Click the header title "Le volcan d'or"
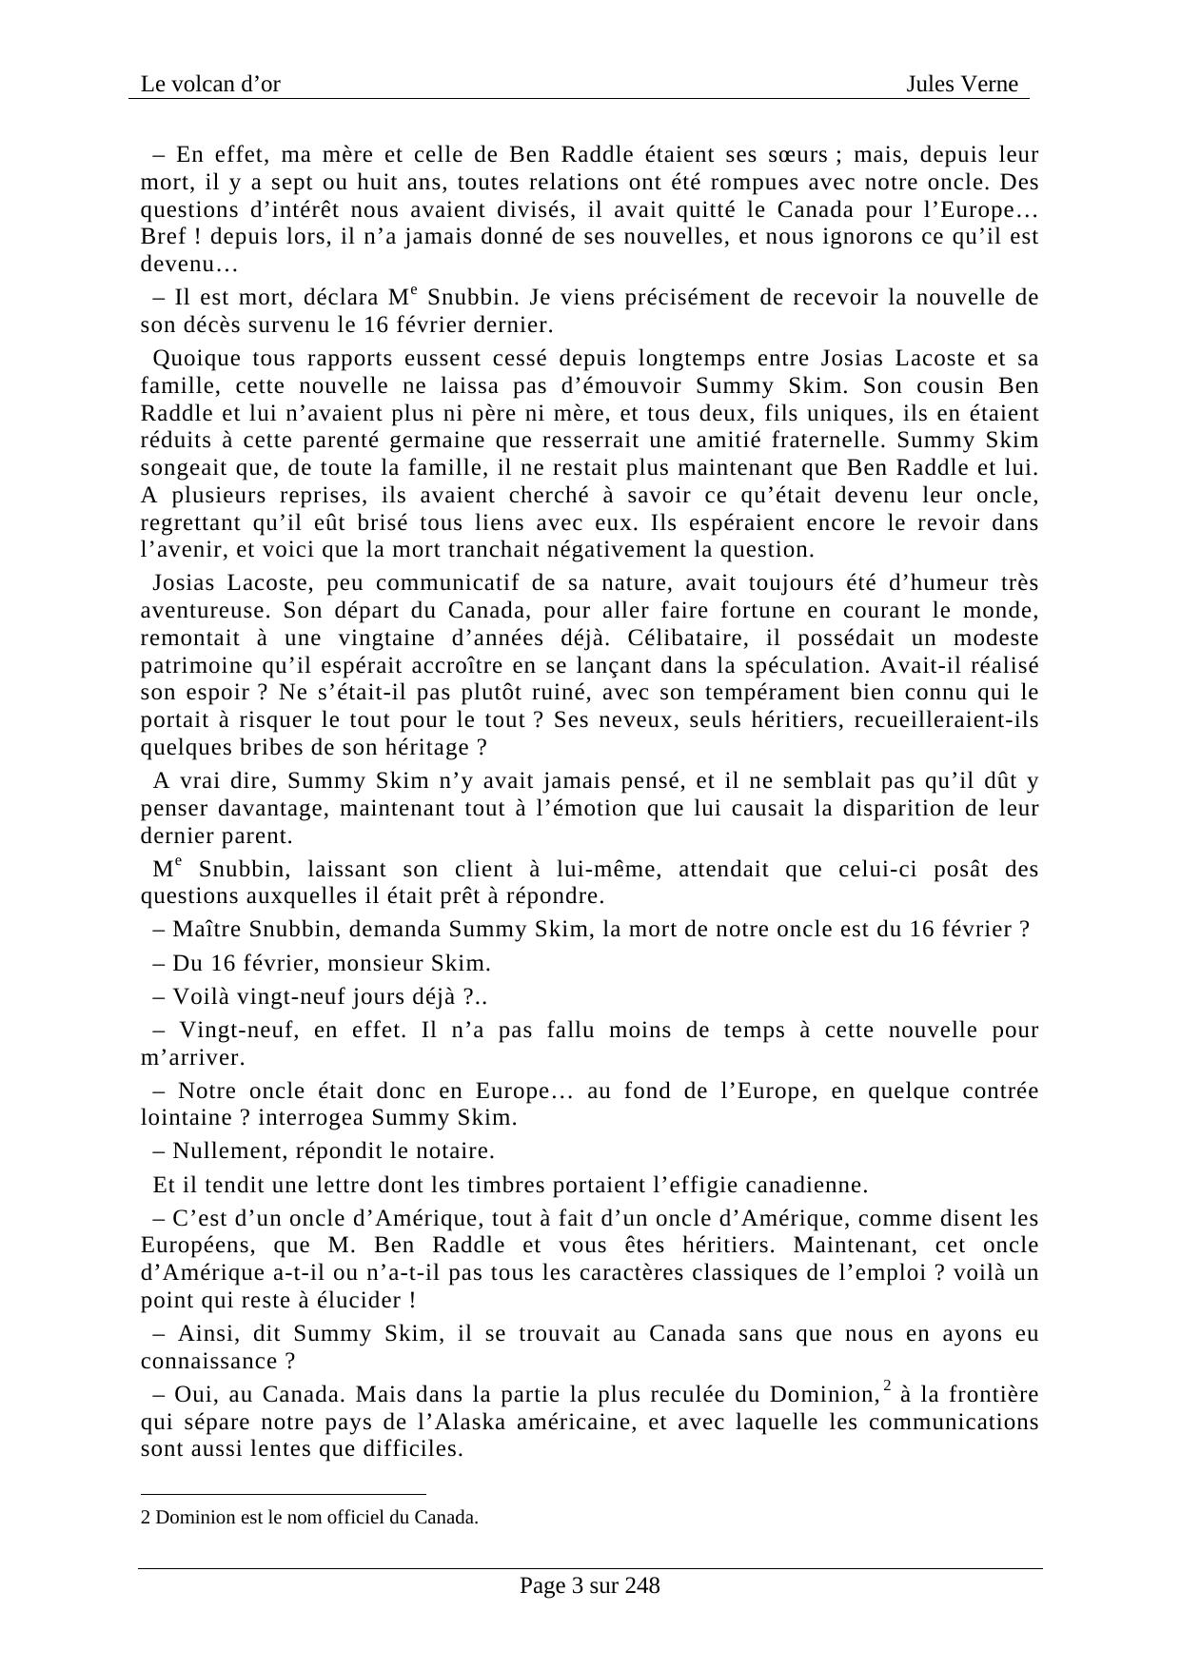point(210,85)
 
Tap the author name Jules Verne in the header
point(961,85)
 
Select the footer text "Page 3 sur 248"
point(589,1586)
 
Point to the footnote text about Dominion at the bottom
point(309,1518)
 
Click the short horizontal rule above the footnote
point(283,1495)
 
